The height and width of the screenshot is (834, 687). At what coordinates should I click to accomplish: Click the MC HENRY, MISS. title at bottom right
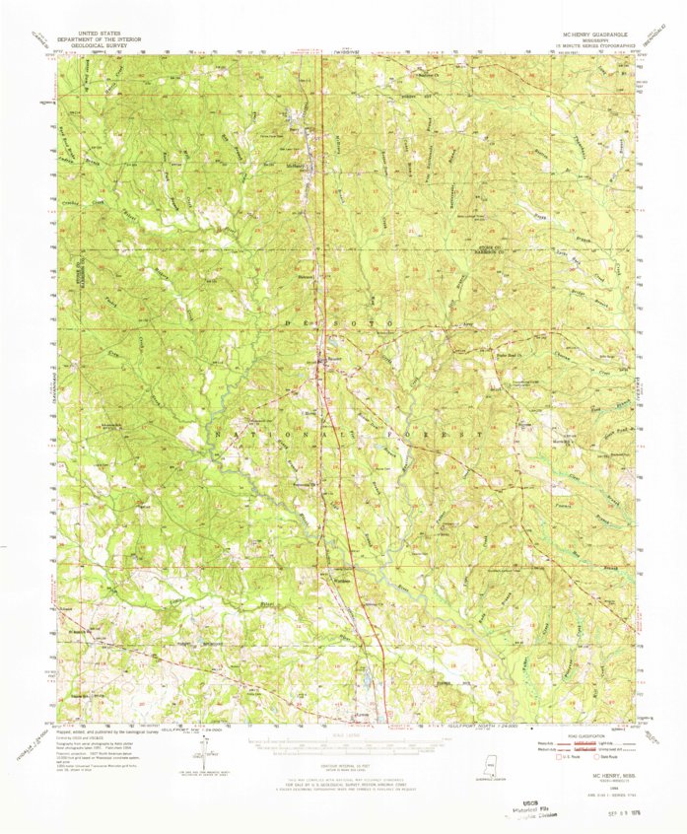pyautogui.click(x=608, y=767)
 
